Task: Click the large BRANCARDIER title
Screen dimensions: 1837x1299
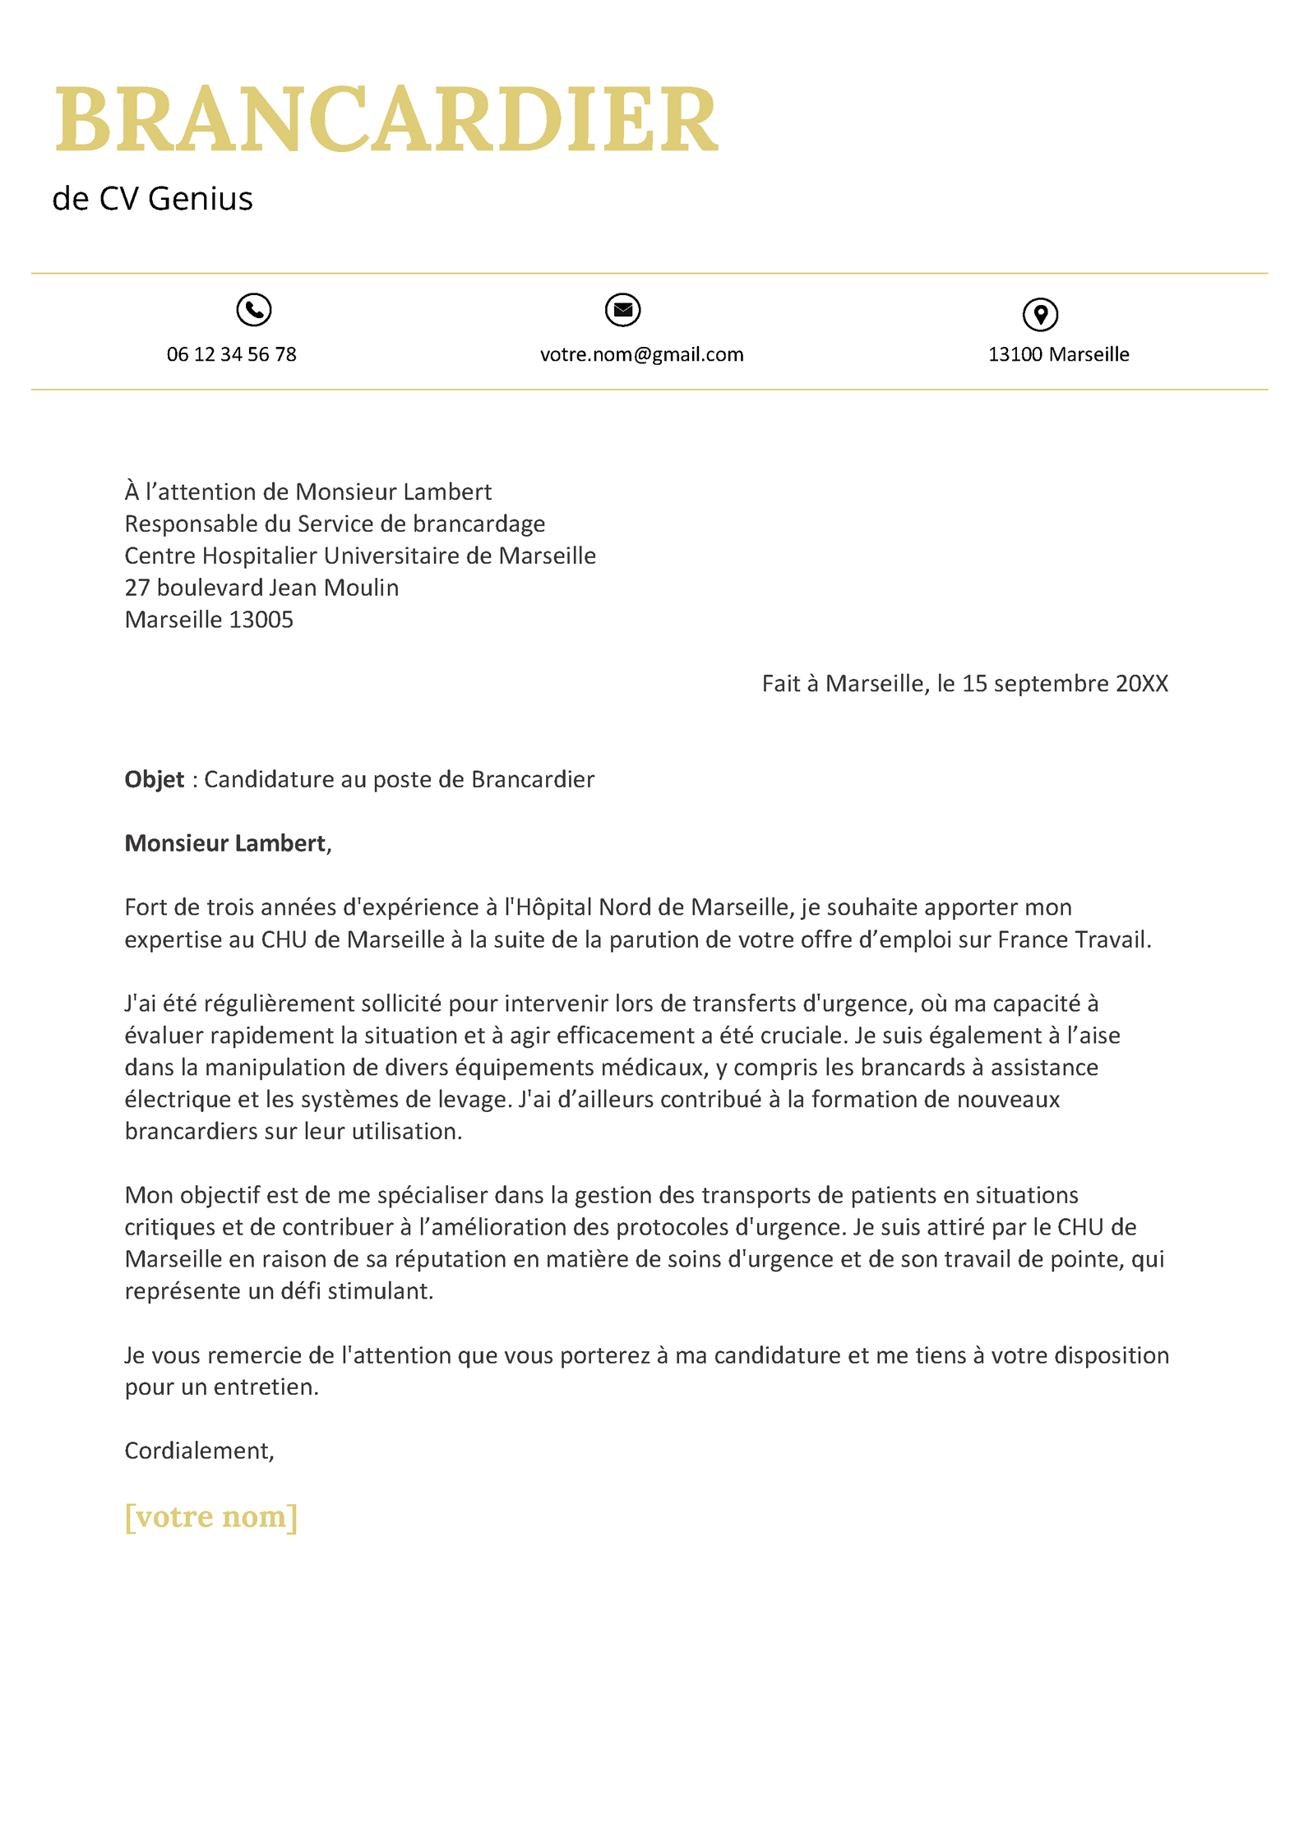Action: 386,119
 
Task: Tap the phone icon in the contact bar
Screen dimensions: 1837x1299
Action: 254,310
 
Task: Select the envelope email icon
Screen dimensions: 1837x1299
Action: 623,310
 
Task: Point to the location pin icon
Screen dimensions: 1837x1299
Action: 1040,314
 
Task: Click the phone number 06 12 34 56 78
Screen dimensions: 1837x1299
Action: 231,354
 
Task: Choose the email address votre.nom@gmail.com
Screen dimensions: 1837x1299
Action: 641,354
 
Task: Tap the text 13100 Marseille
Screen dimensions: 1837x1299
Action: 1058,354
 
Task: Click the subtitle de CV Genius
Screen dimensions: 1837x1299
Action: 152,199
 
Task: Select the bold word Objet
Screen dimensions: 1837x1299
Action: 154,779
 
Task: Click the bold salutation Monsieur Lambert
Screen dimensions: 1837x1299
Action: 225,843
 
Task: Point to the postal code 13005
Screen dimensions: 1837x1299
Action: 261,620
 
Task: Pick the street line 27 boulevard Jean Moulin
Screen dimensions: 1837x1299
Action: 261,588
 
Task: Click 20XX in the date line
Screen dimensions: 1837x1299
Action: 1141,684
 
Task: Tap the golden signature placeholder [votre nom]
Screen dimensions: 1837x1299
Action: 210,1516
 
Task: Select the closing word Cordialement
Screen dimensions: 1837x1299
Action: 197,1451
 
